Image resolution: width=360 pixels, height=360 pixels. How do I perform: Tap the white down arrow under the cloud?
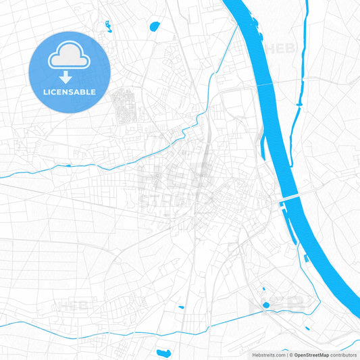click(x=65, y=78)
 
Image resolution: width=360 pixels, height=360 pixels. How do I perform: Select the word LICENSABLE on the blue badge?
click(x=70, y=92)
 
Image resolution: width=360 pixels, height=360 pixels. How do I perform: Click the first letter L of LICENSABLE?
click(x=45, y=92)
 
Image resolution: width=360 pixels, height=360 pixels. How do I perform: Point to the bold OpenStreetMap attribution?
click(x=310, y=355)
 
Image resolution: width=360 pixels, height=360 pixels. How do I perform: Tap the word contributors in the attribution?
click(x=344, y=355)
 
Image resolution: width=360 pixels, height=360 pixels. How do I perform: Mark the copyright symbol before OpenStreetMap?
click(x=290, y=355)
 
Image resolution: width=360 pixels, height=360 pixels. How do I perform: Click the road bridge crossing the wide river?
click(x=294, y=197)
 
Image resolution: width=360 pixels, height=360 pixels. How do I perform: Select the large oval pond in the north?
click(x=155, y=27)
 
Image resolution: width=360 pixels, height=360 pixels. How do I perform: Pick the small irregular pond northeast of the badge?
click(x=107, y=26)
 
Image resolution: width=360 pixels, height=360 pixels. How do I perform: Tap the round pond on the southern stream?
click(x=265, y=305)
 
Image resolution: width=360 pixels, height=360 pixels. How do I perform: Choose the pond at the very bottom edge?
click(x=164, y=353)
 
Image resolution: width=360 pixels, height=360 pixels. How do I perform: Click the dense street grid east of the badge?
click(x=124, y=106)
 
